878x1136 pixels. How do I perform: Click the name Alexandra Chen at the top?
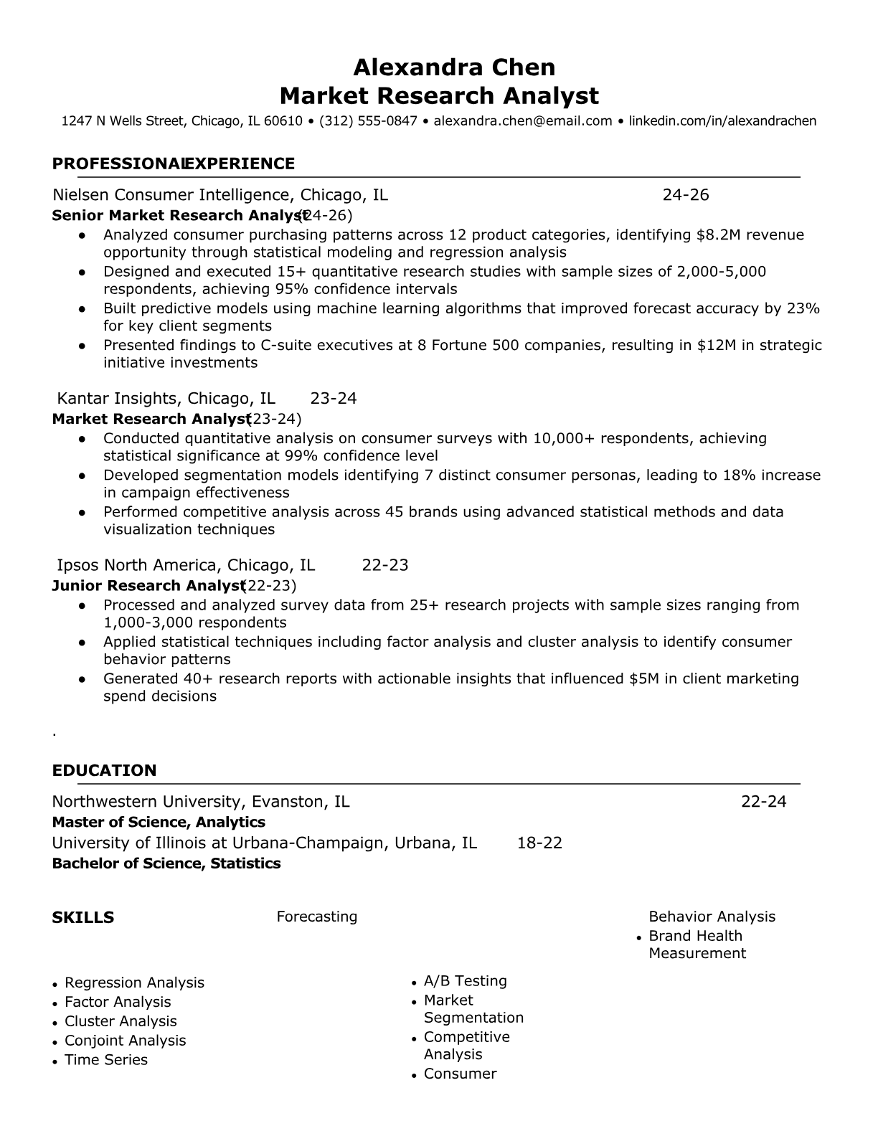[453, 67]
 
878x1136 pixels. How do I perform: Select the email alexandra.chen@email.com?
[522, 121]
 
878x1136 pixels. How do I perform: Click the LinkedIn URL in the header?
[722, 121]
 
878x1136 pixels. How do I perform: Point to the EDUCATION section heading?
[104, 771]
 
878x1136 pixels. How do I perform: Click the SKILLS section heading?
[83, 918]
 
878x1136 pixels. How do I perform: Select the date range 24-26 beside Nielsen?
[685, 195]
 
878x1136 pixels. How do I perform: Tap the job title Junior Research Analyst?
[148, 586]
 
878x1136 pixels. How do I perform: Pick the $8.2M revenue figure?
[721, 235]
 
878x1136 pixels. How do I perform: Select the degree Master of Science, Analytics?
[159, 823]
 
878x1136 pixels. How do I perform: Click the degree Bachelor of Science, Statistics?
[166, 863]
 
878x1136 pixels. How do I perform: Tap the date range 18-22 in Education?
[539, 843]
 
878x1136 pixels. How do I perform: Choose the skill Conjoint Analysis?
[125, 1041]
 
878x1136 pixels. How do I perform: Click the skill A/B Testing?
[465, 981]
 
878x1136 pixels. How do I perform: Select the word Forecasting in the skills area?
[316, 917]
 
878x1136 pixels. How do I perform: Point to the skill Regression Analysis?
[134, 983]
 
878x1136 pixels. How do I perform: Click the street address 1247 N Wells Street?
[123, 121]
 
